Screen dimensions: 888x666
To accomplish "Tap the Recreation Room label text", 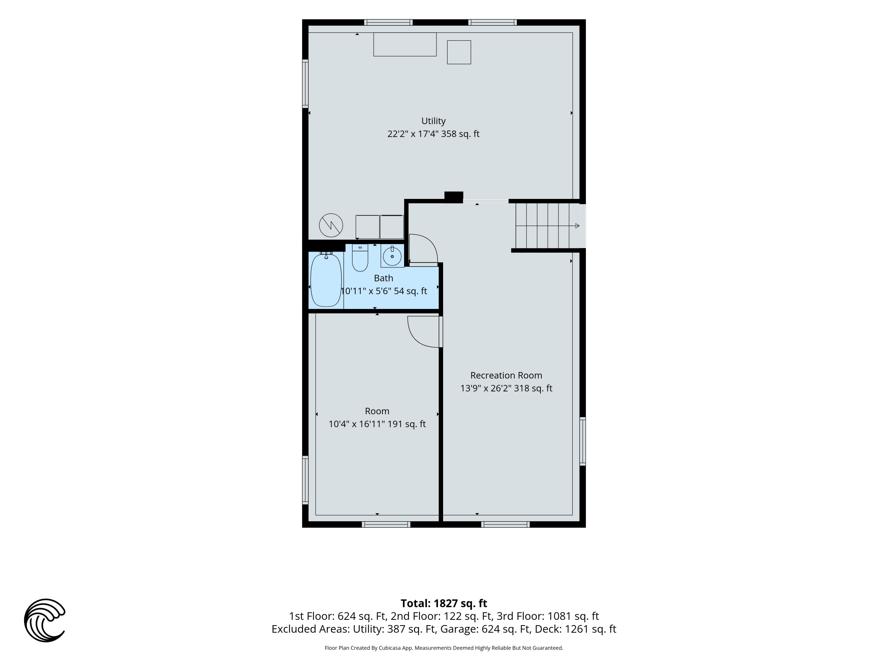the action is click(506, 375).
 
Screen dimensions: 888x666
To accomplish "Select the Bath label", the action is click(383, 278).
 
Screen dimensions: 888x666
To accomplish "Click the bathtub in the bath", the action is click(326, 279).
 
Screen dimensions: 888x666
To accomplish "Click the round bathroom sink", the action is click(392, 256).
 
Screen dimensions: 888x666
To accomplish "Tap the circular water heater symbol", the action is click(331, 225).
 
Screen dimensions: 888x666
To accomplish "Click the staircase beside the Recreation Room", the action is click(548, 226).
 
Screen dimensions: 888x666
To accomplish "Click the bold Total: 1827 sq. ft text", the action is click(444, 603).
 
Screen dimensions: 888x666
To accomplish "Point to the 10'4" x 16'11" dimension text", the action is click(377, 424).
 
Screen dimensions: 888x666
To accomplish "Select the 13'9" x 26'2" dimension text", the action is click(506, 388).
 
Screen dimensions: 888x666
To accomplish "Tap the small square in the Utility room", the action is click(459, 52).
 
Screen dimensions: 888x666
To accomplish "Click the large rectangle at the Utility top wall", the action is click(405, 44).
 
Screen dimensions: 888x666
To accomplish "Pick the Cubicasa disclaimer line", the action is click(444, 648).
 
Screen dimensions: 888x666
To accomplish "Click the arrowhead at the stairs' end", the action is click(577, 226).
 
